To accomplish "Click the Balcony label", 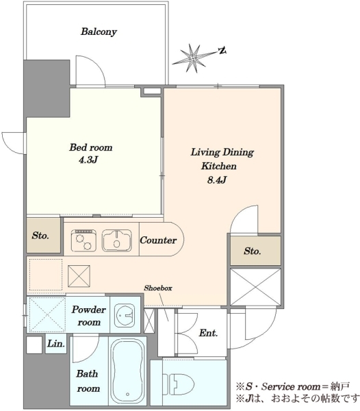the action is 99,32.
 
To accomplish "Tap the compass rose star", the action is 193,58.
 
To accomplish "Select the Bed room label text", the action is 90,147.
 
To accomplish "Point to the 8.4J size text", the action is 217,180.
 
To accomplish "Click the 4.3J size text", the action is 88,160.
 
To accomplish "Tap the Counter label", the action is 158,240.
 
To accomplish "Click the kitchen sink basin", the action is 117,240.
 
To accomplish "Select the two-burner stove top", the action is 83,240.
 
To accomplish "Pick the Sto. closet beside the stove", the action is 44,236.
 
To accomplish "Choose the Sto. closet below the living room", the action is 255,251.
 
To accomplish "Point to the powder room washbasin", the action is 125,315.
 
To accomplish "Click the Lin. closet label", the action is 55,343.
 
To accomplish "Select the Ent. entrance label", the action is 208,333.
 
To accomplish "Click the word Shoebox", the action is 158,288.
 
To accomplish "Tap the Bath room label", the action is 88,381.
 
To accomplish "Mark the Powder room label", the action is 89,316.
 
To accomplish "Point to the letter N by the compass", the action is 222,50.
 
